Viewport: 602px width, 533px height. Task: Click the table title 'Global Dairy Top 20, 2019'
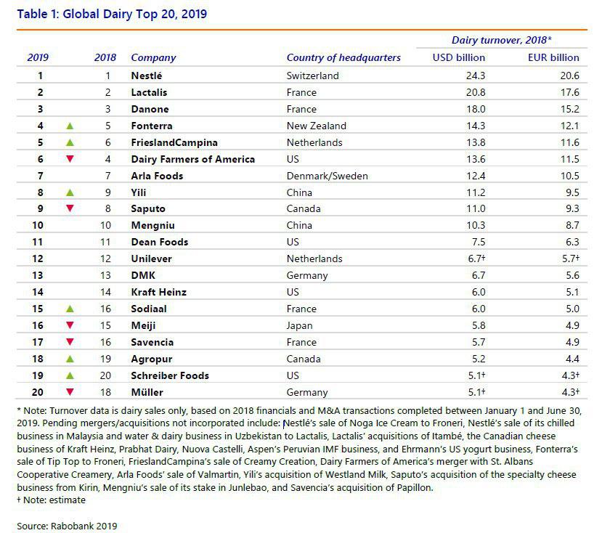click(x=135, y=15)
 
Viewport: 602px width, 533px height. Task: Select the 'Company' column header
click(x=153, y=57)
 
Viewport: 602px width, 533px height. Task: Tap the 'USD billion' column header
click(x=459, y=57)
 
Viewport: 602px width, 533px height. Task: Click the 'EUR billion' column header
click(x=553, y=57)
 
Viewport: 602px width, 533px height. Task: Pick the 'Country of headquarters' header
click(x=343, y=57)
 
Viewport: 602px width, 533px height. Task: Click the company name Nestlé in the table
click(x=146, y=76)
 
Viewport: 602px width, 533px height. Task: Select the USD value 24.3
click(x=476, y=76)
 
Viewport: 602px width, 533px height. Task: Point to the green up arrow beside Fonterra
click(x=70, y=126)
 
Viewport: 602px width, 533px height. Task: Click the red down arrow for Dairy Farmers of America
click(x=70, y=159)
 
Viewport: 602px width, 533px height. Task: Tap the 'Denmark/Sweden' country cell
click(x=327, y=176)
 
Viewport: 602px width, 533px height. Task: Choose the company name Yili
click(x=139, y=192)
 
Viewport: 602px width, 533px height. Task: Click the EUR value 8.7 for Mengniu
click(x=572, y=225)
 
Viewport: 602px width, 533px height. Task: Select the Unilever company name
click(x=151, y=259)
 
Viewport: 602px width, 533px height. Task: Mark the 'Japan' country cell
click(x=299, y=325)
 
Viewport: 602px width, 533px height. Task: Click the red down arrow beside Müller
click(x=70, y=392)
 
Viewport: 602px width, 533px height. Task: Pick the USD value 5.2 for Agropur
click(x=479, y=359)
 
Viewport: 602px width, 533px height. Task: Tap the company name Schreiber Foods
click(x=170, y=375)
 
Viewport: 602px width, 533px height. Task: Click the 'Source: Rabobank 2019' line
click(x=67, y=526)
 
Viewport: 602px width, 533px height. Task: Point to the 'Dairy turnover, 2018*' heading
click(x=501, y=40)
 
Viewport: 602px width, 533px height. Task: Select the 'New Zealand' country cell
click(x=317, y=126)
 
